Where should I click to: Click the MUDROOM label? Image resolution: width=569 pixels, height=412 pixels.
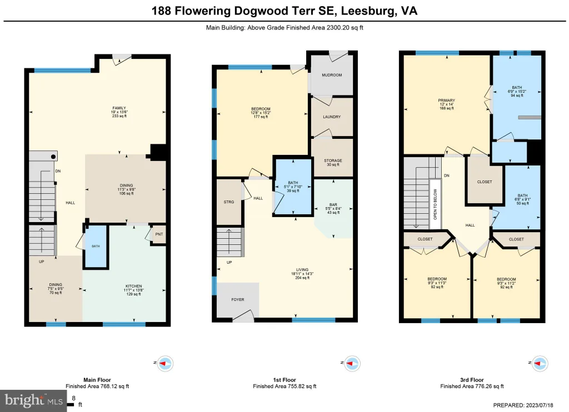pos(332,75)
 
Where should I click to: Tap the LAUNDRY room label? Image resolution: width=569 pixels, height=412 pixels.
pos(332,117)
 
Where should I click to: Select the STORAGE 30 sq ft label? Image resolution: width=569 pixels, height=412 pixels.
pos(333,163)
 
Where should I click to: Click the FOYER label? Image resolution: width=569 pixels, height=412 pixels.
pos(238,300)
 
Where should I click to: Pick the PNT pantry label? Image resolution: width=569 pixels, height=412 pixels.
pos(159,234)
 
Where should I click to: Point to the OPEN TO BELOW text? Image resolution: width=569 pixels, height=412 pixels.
pos(435,204)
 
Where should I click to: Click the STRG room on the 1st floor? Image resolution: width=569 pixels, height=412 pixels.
pos(229,202)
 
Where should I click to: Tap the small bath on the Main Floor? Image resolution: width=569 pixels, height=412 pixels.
pos(96,247)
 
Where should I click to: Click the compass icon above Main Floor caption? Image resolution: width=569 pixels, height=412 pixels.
pos(165,363)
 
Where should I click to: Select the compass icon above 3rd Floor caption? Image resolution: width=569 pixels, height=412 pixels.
pos(540,363)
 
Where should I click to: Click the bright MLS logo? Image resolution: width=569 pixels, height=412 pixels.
pos(33,401)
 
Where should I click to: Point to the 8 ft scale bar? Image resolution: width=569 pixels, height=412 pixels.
pos(71,404)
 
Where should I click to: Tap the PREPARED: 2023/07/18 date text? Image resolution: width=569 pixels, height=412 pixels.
pos(523,405)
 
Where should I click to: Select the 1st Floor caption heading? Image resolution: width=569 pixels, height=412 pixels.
pos(284,380)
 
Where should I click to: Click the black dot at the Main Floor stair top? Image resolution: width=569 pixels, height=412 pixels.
pos(53,157)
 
